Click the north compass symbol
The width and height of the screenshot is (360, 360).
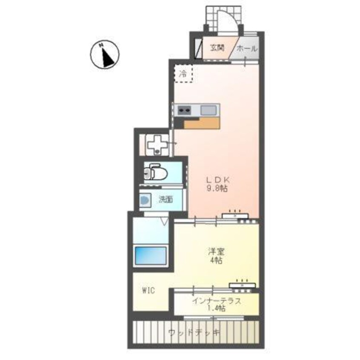point(105,54)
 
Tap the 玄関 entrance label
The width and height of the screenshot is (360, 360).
point(217,48)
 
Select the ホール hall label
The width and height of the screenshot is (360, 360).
point(247,48)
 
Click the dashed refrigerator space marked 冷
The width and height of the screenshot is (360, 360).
point(183,73)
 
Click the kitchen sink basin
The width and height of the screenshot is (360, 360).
point(209,110)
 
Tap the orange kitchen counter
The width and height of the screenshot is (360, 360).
point(202,123)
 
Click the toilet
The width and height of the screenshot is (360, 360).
point(156,171)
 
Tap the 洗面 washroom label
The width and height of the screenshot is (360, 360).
point(166,199)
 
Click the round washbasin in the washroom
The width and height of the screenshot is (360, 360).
point(145,200)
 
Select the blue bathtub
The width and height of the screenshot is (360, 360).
point(151,256)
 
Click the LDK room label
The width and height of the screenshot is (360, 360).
point(218,180)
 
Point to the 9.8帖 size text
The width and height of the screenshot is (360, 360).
point(217,189)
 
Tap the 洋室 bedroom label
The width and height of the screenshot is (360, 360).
point(216,252)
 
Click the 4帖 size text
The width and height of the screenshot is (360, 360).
point(216,260)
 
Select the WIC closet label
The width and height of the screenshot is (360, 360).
point(149,291)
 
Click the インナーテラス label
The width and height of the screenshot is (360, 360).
point(217,301)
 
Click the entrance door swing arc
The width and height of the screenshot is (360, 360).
point(234,17)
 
